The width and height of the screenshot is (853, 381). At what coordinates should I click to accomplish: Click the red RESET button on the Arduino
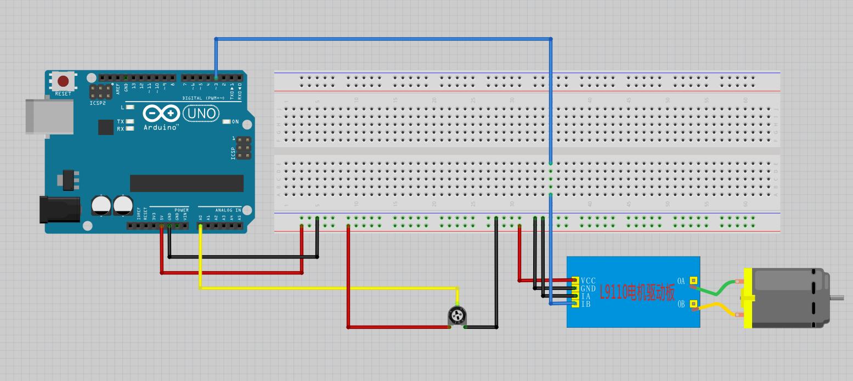pyautogui.click(x=63, y=82)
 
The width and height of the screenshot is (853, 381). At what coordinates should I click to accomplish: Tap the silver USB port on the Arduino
pyautogui.click(x=49, y=116)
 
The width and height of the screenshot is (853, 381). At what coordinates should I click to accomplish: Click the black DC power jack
pyautogui.click(x=59, y=210)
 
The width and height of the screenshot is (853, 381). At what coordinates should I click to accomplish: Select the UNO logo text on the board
pyautogui.click(x=201, y=114)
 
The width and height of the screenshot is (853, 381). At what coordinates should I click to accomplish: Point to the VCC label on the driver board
pyautogui.click(x=588, y=281)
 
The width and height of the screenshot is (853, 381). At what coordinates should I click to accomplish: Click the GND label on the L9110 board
pyautogui.click(x=588, y=288)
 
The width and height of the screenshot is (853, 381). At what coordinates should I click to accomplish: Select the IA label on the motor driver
pyautogui.click(x=586, y=296)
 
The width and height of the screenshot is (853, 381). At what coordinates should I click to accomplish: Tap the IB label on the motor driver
pyautogui.click(x=586, y=304)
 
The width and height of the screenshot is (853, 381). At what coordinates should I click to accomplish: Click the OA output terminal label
pyautogui.click(x=681, y=281)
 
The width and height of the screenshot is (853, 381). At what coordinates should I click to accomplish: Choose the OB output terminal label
pyautogui.click(x=681, y=304)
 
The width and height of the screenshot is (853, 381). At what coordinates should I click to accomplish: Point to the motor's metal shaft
pyautogui.click(x=837, y=298)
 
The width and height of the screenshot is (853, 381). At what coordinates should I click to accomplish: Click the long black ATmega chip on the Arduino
pyautogui.click(x=187, y=183)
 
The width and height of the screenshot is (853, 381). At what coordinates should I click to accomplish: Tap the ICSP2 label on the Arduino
pyautogui.click(x=98, y=103)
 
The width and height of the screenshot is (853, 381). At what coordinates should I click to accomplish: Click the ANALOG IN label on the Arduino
pyautogui.click(x=228, y=210)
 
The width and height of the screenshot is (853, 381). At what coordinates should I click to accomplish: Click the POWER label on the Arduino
pyautogui.click(x=182, y=210)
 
